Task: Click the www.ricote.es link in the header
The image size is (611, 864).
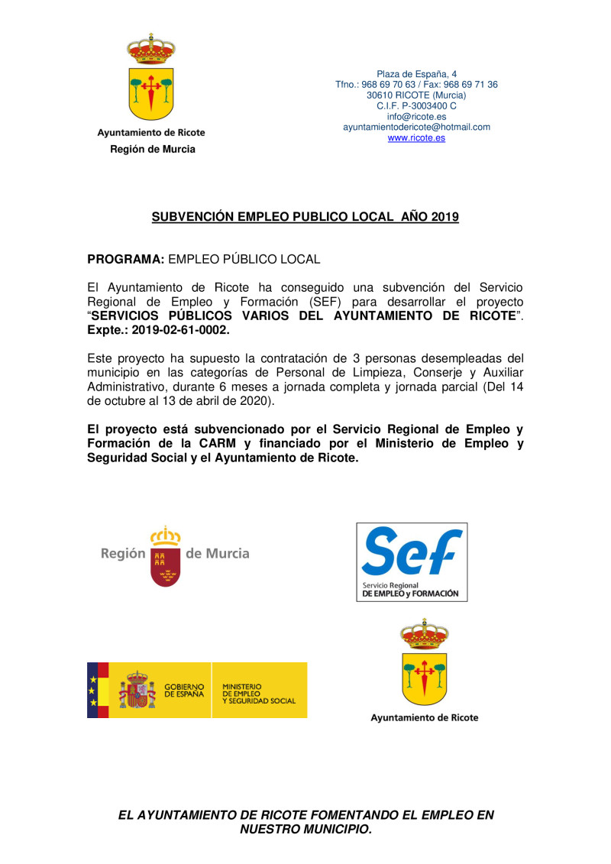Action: click(416, 138)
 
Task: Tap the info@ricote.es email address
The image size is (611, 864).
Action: click(416, 117)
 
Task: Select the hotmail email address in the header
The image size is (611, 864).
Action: click(416, 128)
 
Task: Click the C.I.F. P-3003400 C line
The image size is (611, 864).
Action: click(416, 106)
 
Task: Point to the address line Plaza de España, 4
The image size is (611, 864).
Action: click(416, 74)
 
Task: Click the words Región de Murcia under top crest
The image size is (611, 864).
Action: click(152, 150)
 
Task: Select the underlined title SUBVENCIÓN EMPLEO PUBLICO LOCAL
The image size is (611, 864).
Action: click(305, 217)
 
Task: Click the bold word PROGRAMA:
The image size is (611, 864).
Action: click(126, 260)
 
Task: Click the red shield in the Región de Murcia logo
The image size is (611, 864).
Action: click(166, 566)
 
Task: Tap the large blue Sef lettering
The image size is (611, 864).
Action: click(411, 552)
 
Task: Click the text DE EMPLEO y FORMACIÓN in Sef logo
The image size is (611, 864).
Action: click(411, 593)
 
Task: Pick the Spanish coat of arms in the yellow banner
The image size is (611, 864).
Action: click(137, 690)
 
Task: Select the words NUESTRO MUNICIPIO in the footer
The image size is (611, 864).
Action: click(305, 830)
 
